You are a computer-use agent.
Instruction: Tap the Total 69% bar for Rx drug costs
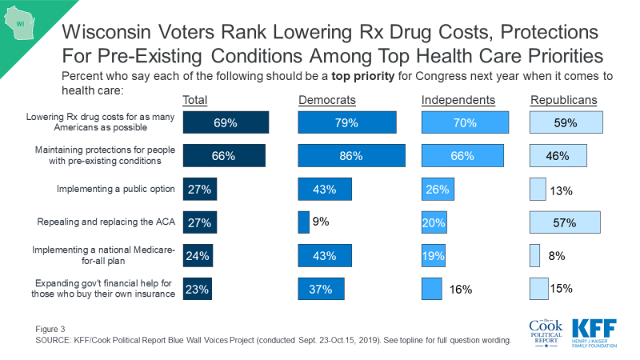click(226, 122)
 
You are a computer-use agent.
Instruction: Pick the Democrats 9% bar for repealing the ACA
click(303, 222)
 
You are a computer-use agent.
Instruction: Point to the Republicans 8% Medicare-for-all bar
click(534, 255)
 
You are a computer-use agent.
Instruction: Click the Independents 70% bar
click(465, 122)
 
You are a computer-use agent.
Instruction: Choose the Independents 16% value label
click(459, 289)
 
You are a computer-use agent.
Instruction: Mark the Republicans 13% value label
click(558, 190)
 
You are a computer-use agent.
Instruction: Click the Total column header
click(198, 100)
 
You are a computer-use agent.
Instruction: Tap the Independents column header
click(458, 100)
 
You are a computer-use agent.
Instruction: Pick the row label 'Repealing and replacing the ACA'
click(106, 222)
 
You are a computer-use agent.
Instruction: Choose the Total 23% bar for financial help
click(197, 289)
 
